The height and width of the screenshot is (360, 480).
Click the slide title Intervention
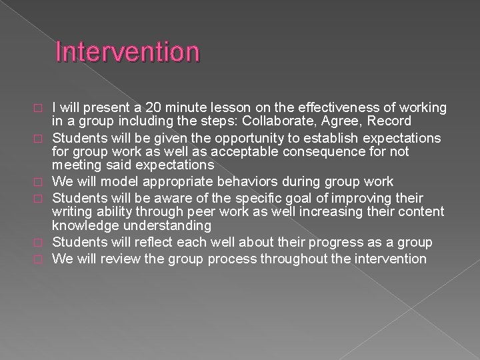127,53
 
